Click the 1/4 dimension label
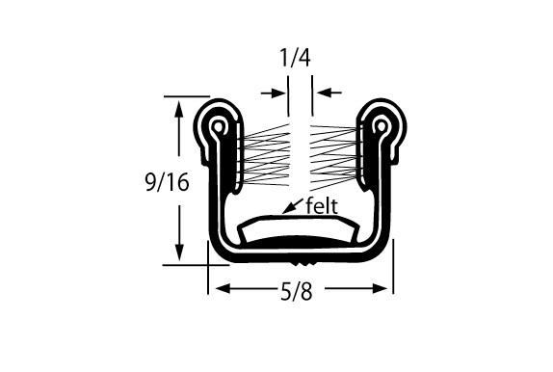(x=295, y=58)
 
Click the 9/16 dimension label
(x=168, y=182)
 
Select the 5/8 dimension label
(x=297, y=292)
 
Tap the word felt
(x=322, y=205)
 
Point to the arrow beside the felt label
(x=293, y=206)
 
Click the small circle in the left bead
(x=219, y=125)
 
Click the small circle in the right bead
(x=381, y=125)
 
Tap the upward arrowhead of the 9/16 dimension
(x=179, y=109)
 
